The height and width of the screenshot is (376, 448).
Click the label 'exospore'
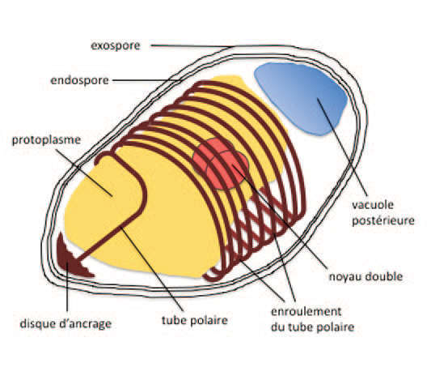tap(116, 46)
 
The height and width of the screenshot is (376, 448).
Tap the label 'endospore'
tap(79, 80)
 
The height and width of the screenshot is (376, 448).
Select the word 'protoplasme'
tap(46, 140)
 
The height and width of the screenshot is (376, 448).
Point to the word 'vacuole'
tap(373, 204)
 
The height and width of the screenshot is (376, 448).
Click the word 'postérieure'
tap(382, 220)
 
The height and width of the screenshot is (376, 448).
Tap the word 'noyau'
tap(344, 276)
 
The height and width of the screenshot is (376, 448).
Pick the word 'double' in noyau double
tap(383, 276)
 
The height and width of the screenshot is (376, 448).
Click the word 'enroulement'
tap(306, 311)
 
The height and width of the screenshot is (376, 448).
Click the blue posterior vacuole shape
tap(302, 96)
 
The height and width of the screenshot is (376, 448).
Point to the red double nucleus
tap(221, 164)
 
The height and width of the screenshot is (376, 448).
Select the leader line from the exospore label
tap(192, 46)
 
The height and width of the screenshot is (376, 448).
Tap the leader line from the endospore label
tap(146, 80)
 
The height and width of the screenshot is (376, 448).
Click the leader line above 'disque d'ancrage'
tap(67, 287)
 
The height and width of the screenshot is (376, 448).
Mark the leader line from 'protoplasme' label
tap(84, 173)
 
